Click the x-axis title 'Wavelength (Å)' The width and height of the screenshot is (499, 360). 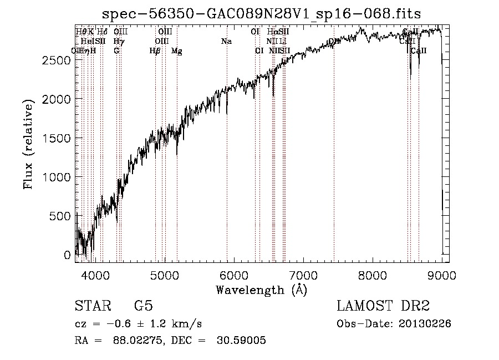[x=261, y=289]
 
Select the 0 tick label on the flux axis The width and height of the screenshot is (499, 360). [x=68, y=255]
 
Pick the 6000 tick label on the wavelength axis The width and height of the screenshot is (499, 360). [x=234, y=275]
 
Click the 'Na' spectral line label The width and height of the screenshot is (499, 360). [x=226, y=41]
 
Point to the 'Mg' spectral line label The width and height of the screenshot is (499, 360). [x=176, y=51]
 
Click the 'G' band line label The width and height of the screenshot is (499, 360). [x=116, y=50]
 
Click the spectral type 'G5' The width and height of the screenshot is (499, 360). [x=143, y=306]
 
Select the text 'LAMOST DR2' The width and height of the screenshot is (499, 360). [x=383, y=306]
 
